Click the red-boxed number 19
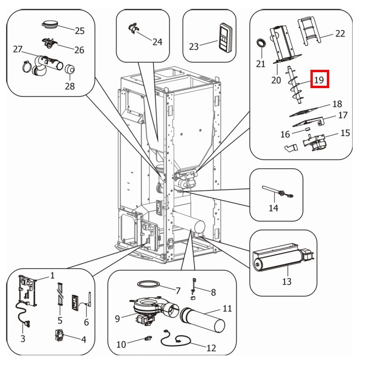[x=319, y=79]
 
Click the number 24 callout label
[x=157, y=42]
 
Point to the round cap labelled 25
[x=52, y=23]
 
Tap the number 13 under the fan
[x=287, y=281]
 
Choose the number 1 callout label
[x=53, y=275]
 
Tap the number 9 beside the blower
[x=117, y=319]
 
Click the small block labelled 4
[x=59, y=336]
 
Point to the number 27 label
[x=18, y=49]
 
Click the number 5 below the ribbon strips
[x=60, y=321]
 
